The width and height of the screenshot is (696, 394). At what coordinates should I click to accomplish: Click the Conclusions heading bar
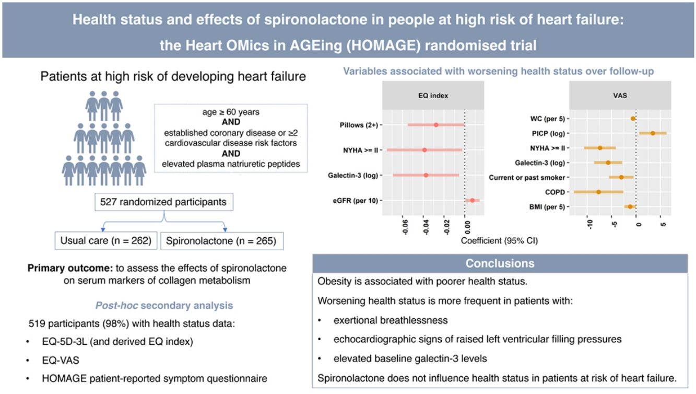coord(500,263)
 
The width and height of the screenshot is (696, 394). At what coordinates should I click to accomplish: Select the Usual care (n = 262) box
coord(107,241)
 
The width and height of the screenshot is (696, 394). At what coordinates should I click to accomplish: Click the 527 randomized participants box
coord(164,202)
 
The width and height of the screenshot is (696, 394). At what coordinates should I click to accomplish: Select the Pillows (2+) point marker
coord(436,125)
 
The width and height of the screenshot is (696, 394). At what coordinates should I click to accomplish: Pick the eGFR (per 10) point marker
coord(472,200)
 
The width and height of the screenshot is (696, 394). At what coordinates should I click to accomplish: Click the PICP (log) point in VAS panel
coord(653,133)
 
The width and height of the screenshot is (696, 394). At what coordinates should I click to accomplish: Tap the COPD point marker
coord(598,192)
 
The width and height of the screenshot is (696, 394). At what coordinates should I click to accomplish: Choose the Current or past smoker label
coord(526,178)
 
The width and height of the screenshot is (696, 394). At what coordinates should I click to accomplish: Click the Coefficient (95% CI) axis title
coord(500,241)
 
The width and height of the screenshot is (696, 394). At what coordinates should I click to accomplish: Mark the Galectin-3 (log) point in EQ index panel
coord(426,175)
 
